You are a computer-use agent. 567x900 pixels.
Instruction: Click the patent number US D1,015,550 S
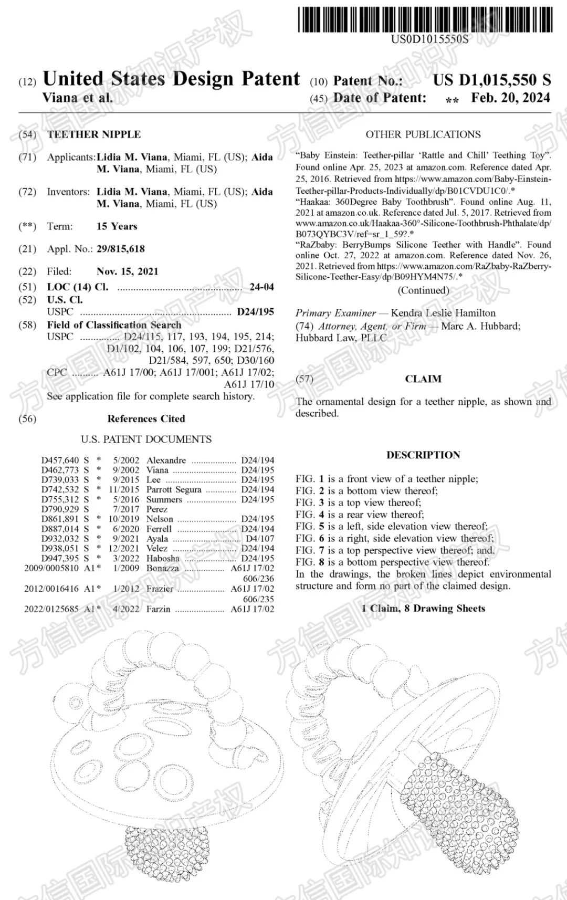(492, 80)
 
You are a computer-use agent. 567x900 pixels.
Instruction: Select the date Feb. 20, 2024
(510, 98)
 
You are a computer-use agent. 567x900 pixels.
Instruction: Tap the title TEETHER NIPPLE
(94, 134)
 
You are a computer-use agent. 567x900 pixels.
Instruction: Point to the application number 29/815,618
(120, 249)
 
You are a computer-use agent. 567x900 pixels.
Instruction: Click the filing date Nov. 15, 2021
(127, 271)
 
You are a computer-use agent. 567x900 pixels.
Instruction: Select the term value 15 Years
(117, 226)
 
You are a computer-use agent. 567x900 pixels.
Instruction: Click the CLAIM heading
(423, 379)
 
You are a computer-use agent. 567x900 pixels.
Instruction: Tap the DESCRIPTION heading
(423, 455)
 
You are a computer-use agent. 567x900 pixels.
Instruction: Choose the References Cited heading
(146, 419)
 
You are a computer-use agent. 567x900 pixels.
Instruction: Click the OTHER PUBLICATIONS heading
(423, 134)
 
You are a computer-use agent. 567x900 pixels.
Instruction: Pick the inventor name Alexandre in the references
(166, 461)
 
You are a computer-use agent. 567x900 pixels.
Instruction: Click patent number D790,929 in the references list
(60, 509)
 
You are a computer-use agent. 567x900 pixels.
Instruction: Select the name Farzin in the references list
(158, 609)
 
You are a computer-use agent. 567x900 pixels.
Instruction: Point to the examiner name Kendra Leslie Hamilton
(443, 313)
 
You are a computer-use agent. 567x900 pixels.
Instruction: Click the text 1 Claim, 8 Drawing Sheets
(423, 609)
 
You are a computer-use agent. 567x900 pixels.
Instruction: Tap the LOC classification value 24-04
(261, 287)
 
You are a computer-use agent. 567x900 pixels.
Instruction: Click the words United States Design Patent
(171, 79)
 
